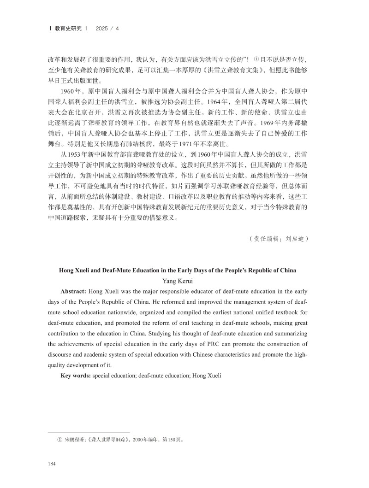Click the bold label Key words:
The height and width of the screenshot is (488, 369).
[x=76, y=376]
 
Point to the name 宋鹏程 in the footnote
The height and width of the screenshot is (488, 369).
[x=72, y=440]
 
